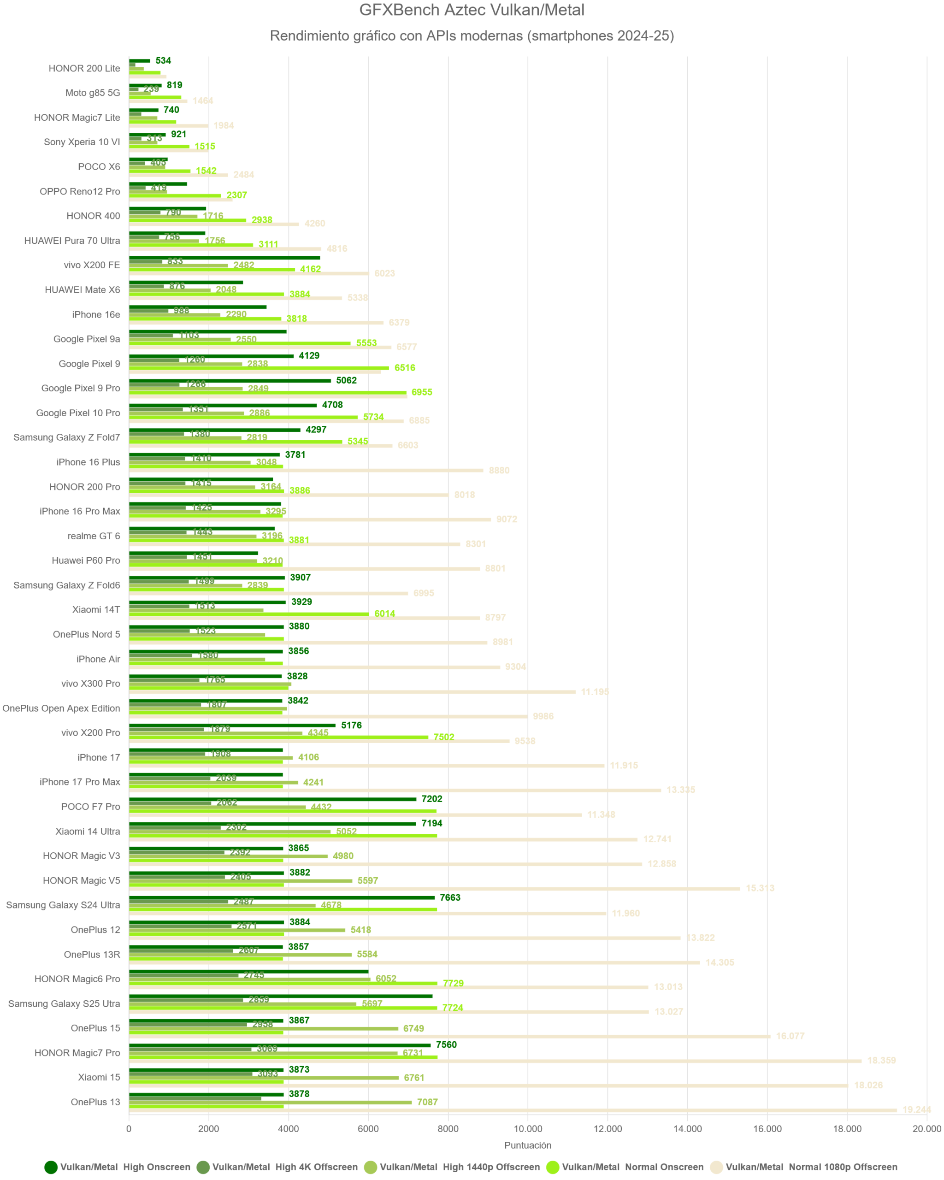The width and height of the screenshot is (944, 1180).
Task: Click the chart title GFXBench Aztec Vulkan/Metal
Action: point(472,10)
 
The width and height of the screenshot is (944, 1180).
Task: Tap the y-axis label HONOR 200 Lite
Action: point(84,68)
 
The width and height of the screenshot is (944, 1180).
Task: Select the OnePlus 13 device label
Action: point(95,1102)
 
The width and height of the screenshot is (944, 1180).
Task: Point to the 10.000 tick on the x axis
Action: point(528,1128)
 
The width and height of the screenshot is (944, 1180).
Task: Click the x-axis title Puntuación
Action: point(528,1145)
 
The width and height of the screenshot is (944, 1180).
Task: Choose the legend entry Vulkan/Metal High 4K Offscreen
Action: point(284,1167)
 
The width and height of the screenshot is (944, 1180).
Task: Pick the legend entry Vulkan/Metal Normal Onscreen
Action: point(632,1167)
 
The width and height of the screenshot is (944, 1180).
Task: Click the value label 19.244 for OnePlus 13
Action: point(916,1109)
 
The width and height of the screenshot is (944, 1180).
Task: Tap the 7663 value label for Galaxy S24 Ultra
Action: point(450,897)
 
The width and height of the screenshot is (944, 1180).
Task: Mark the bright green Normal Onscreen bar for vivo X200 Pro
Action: point(278,737)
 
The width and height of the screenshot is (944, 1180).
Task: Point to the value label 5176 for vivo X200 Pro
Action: point(351,725)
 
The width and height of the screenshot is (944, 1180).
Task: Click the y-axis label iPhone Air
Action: point(99,659)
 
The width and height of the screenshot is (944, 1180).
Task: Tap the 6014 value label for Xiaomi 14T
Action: point(385,614)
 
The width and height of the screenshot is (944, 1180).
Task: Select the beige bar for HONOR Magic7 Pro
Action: point(495,1061)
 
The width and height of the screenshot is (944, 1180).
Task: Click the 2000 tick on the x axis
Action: point(208,1128)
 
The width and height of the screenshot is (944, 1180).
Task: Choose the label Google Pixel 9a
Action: point(87,339)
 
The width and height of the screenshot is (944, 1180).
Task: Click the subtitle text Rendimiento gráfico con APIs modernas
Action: point(472,36)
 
